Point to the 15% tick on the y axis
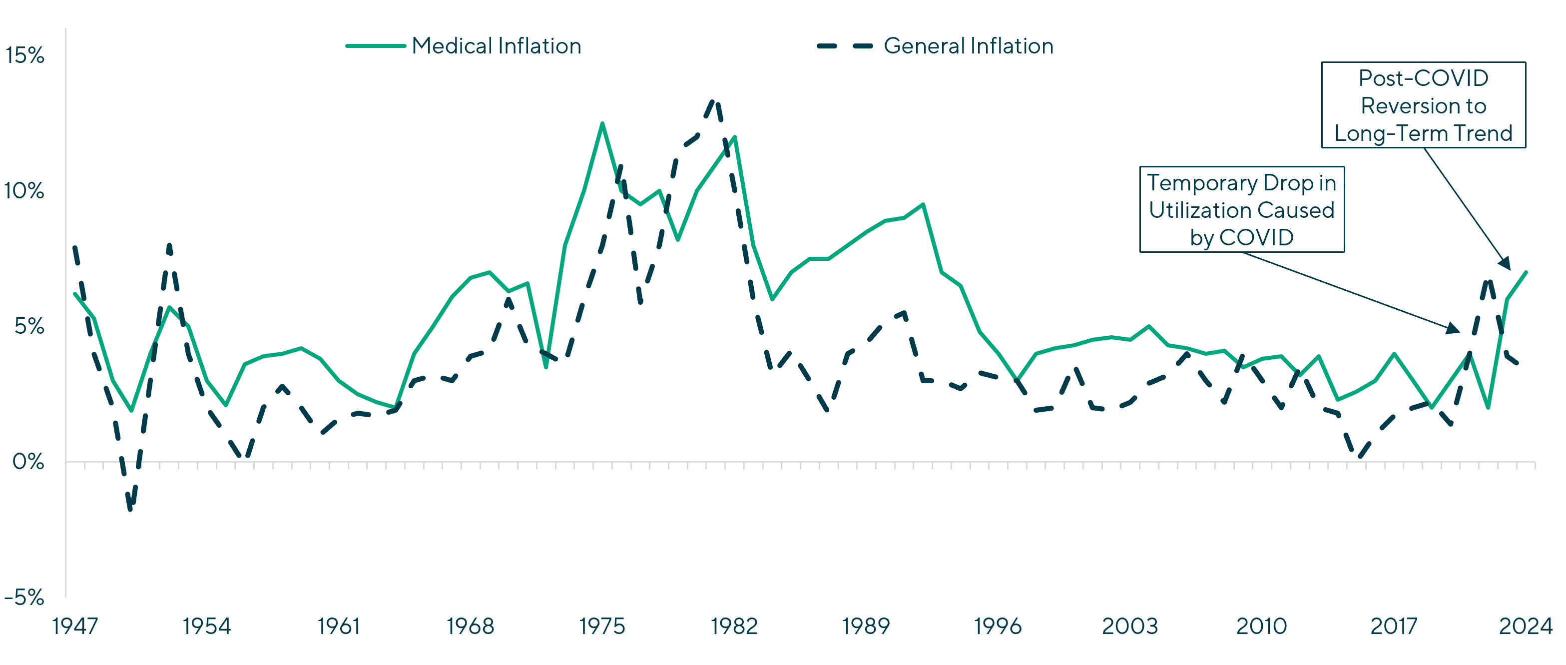pyautogui.click(x=25, y=56)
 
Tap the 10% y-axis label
pyautogui.click(x=25, y=191)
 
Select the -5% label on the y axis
pyautogui.click(x=25, y=598)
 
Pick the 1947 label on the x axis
pyautogui.click(x=75, y=626)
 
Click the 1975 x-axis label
pyautogui.click(x=602, y=626)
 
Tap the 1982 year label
pyautogui.click(x=734, y=626)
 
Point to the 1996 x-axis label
pyautogui.click(x=998, y=626)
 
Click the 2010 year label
pyautogui.click(x=1261, y=626)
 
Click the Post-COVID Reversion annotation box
pyautogui.click(x=1423, y=105)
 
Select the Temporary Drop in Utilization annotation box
pyautogui.click(x=1241, y=210)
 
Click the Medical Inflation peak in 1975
pyautogui.click(x=602, y=123)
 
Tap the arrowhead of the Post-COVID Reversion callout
pyautogui.click(x=1507, y=264)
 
